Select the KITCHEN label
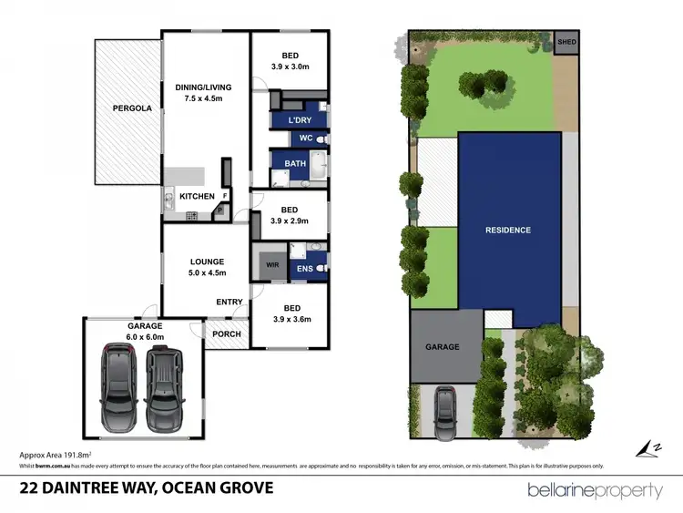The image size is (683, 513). tap(197, 196)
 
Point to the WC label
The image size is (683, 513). tap(307, 139)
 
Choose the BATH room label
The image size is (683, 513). tap(295, 164)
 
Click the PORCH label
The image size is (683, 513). tap(226, 333)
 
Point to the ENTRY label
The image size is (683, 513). tap(229, 303)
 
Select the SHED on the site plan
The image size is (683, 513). tap(566, 42)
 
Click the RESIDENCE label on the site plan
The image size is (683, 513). tap(507, 230)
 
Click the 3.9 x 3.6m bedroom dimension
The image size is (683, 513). tap(291, 319)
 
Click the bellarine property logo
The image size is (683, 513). tap(596, 491)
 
